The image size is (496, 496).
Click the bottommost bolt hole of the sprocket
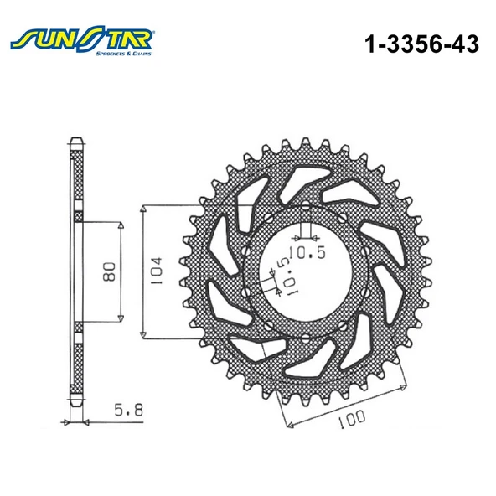pyautogui.click(x=306, y=336)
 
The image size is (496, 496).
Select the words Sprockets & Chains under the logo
pyautogui.click(x=127, y=51)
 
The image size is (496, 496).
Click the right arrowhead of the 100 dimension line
pyautogui.click(x=406, y=384)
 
